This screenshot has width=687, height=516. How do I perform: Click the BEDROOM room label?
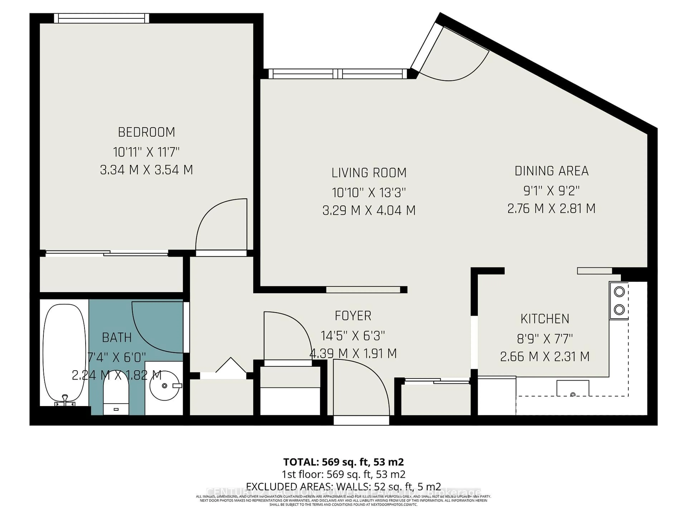click(x=146, y=132)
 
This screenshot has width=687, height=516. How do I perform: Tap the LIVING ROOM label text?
click(x=369, y=173)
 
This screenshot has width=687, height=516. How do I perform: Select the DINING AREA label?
click(x=551, y=171)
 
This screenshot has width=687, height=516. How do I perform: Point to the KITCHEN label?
click(x=545, y=319)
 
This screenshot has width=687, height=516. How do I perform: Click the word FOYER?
click(x=353, y=316)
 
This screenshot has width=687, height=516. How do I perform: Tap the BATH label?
click(x=117, y=338)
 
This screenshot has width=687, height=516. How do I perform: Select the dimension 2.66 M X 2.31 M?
click(x=545, y=356)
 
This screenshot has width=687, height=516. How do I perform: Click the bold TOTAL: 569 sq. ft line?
click(x=343, y=462)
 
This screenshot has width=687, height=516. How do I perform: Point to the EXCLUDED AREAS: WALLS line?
click(x=343, y=486)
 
